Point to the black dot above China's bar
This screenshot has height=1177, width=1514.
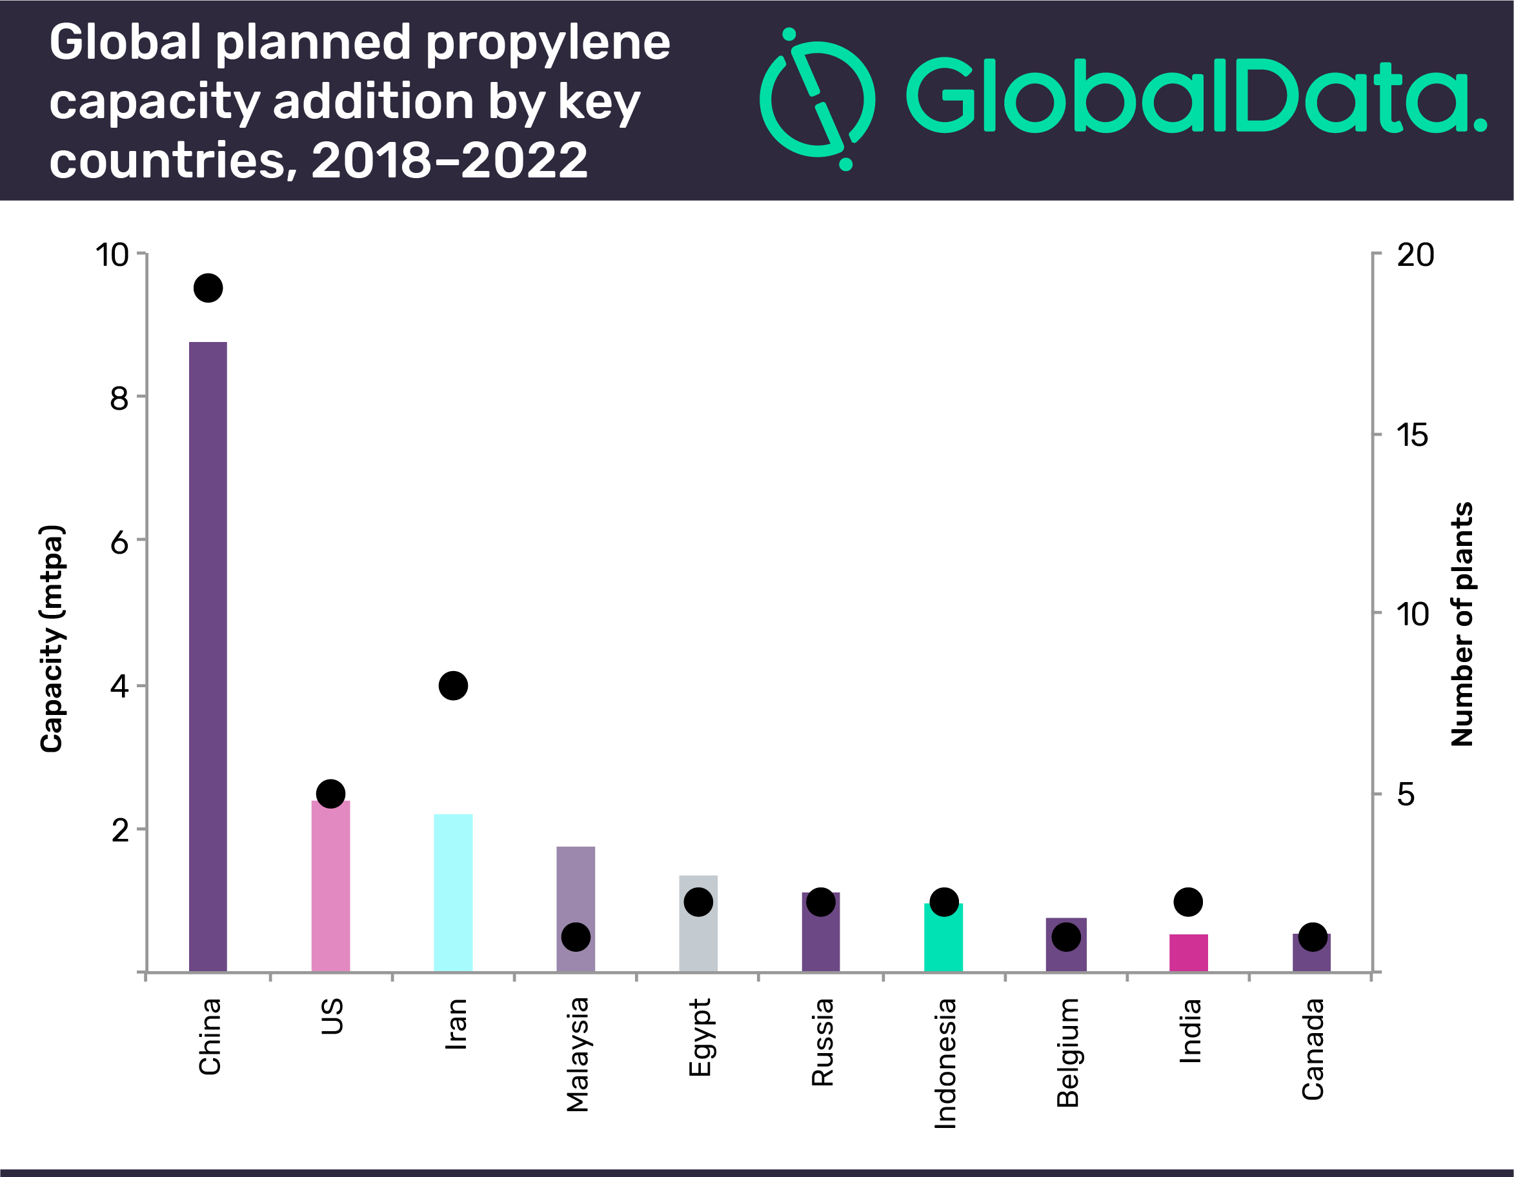pos(208,288)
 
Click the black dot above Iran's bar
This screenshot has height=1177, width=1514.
pos(454,685)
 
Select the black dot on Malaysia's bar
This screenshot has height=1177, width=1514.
pos(576,937)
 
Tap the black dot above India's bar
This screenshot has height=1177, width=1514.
pos(1188,902)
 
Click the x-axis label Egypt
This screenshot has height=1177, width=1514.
pos(700,1037)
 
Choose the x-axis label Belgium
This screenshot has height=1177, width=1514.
pos(1067,1052)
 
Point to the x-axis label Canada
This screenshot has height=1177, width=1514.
pos(1312,1049)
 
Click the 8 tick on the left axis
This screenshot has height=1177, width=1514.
pos(119,399)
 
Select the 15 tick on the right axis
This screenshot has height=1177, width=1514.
pos(1412,436)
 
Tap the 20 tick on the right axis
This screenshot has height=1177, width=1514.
pos(1415,255)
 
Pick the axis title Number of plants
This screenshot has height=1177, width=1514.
pos(1461,624)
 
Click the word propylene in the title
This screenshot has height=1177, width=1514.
pos(547,43)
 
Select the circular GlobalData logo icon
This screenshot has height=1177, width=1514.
pos(817,99)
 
